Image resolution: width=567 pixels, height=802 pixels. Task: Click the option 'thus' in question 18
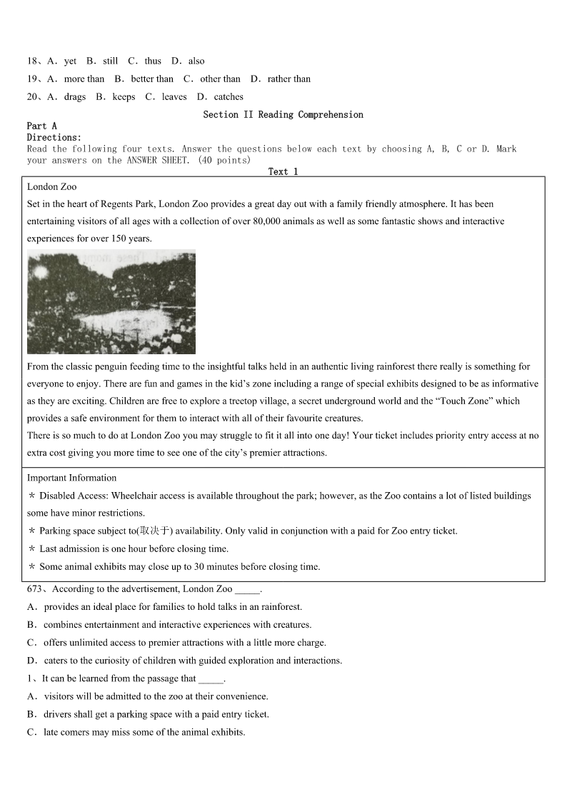[x=152, y=61]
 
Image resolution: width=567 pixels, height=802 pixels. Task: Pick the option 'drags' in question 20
[x=74, y=97]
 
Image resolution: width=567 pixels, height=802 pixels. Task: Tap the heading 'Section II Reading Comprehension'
[x=283, y=115]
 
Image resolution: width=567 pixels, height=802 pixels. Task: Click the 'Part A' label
[x=41, y=126]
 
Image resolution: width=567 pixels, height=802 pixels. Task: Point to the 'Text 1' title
[x=283, y=171]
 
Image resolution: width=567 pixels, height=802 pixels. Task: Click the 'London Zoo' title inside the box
[x=51, y=187]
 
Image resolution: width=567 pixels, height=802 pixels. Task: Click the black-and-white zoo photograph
[x=111, y=302]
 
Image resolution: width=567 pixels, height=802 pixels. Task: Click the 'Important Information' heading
[x=71, y=478]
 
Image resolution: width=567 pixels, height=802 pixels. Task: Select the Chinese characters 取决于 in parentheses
[x=156, y=531]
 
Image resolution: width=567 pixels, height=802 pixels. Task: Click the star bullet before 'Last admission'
[x=32, y=549]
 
